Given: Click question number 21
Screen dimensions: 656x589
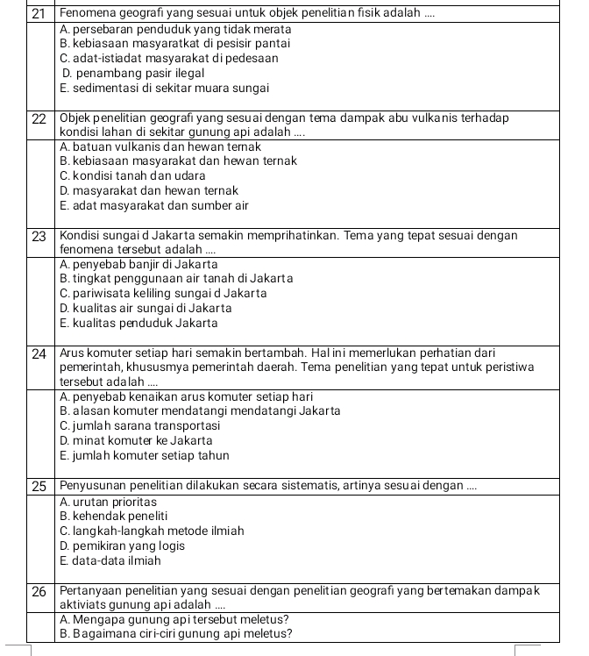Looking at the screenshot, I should pyautogui.click(x=38, y=12).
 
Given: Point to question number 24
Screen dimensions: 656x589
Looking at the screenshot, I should pyautogui.click(x=38, y=353).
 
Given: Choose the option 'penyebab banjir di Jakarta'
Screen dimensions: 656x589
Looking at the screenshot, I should pyautogui.click(x=139, y=264).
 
